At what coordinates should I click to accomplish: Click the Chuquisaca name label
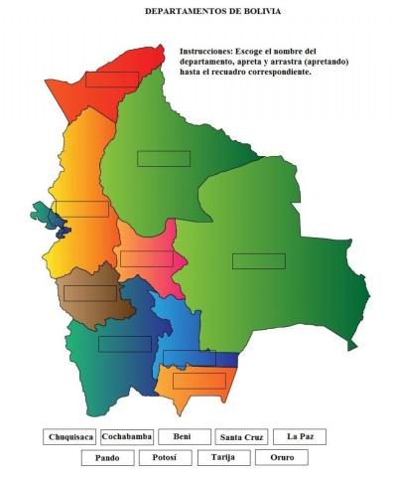point(69,436)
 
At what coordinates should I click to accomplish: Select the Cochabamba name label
point(127,436)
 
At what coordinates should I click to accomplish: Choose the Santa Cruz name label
point(242,437)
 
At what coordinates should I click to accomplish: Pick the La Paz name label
point(300,436)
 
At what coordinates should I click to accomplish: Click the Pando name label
point(107,458)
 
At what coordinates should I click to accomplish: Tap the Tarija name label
point(223,458)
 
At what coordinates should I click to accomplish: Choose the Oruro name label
point(281,458)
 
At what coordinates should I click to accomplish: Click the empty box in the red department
point(111,79)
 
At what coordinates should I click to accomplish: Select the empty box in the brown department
point(91,293)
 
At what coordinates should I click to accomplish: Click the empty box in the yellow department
point(81,209)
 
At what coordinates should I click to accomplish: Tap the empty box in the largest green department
point(259,261)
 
